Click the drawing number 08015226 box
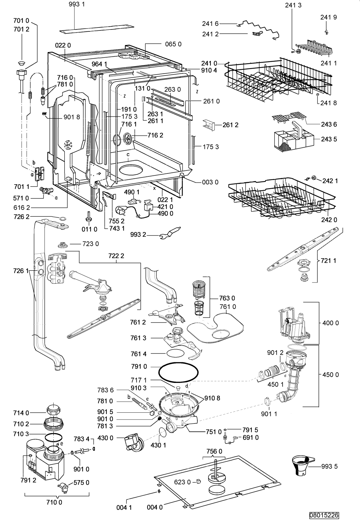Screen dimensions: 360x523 point(324,515)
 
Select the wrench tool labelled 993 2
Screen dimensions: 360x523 point(170,233)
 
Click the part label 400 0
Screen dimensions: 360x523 point(330,323)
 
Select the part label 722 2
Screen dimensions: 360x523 point(116,256)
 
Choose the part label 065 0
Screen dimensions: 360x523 point(173,44)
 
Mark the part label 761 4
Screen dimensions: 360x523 point(139,354)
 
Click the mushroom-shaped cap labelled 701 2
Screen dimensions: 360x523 point(22,63)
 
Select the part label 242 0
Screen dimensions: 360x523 point(329,220)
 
